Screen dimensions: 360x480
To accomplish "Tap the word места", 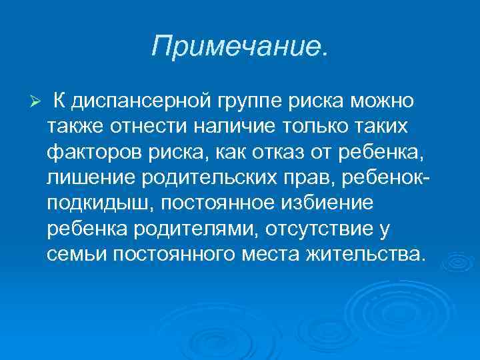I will [x=265, y=253].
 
